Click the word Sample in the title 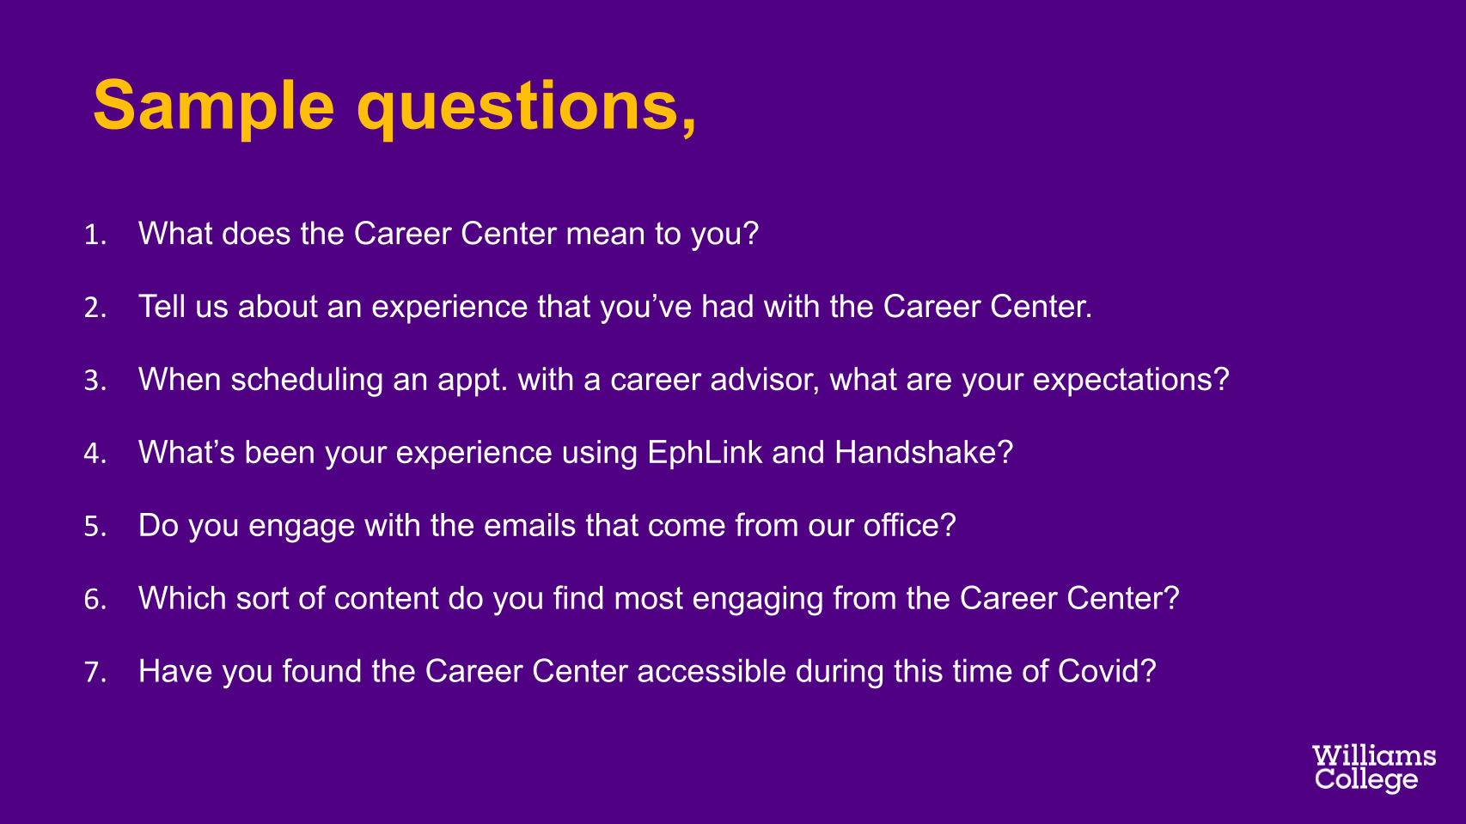pos(214,107)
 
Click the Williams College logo pos(1374,768)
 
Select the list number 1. pos(95,235)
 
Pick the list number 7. pos(95,672)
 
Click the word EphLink pos(705,452)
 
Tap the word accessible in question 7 pos(712,671)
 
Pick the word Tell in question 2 pos(162,306)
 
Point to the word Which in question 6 pos(182,599)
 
